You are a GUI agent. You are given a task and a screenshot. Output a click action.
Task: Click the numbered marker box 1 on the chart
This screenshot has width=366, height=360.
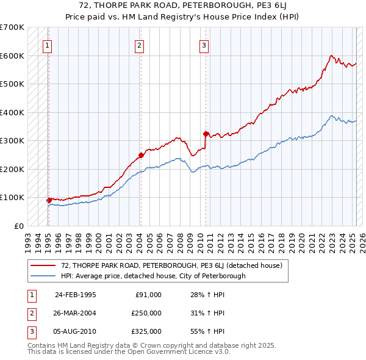tap(48, 45)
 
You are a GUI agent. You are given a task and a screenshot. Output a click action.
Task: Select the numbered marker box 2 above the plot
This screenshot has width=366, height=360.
tap(140, 45)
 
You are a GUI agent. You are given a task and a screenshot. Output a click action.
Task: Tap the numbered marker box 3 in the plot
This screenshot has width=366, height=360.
tap(204, 45)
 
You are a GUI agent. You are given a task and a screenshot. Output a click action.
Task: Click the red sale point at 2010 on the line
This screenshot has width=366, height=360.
tap(206, 134)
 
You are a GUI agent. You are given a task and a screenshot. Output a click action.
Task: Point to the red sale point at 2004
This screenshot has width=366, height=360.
tap(141, 155)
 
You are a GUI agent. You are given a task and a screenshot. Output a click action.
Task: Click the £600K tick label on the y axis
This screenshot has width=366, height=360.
tap(12, 56)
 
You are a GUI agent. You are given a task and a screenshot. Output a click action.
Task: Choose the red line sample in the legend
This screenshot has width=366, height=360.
tap(43, 266)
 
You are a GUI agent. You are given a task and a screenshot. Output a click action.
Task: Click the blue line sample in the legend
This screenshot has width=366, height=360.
tap(43, 276)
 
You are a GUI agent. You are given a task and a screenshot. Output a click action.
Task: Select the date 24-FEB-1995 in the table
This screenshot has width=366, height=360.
tap(76, 295)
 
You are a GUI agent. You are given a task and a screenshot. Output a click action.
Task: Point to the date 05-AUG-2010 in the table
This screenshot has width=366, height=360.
tap(76, 331)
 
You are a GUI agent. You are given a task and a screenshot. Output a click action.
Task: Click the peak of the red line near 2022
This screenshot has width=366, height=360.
tap(331, 56)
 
